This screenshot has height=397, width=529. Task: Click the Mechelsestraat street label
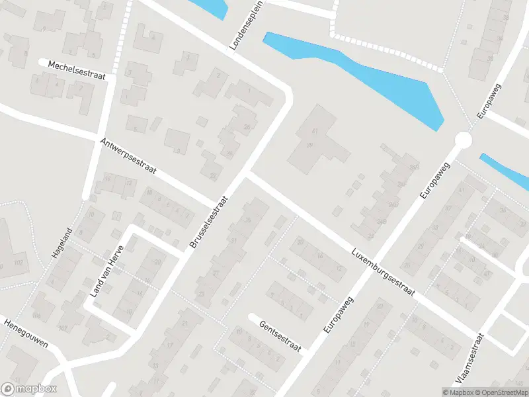coord(77,71)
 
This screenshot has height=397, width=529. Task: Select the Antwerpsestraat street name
coord(128,156)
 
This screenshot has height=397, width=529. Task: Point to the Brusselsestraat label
coord(208,222)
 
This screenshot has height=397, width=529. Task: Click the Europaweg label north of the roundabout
coord(489,101)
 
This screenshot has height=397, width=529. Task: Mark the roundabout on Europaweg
coord(463,140)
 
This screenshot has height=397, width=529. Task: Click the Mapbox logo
coord(29,389)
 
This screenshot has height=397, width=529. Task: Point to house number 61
coord(315,132)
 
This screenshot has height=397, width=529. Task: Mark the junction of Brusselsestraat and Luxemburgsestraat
coord(245,174)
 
